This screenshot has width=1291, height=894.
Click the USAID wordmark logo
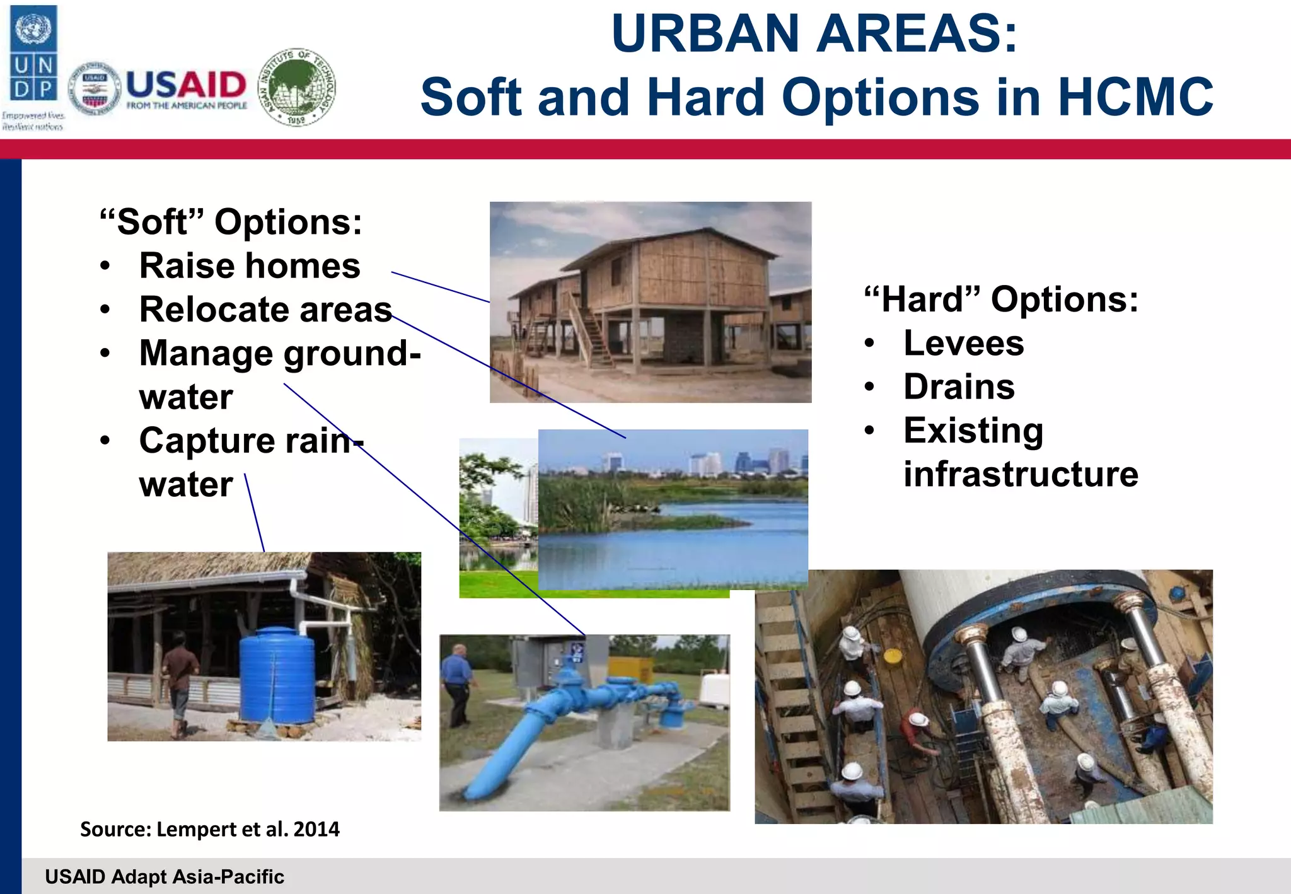click(186, 88)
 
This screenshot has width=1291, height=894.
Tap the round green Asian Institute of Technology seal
click(298, 87)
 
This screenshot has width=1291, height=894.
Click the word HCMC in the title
click(1135, 98)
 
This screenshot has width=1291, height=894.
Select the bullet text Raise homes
click(250, 265)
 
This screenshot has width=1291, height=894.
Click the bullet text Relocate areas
click(265, 310)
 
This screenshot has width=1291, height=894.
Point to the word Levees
click(963, 344)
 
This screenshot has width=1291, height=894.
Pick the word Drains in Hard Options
click(958, 386)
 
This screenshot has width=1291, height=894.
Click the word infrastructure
click(1021, 474)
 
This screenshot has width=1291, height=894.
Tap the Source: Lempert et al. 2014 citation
click(209, 828)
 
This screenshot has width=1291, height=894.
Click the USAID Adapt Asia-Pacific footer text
click(165, 876)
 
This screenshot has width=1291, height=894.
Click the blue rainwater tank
click(277, 678)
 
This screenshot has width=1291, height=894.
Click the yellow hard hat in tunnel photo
click(892, 656)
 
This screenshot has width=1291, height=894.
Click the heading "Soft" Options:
click(231, 222)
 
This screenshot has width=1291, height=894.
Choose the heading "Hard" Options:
click(1001, 299)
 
